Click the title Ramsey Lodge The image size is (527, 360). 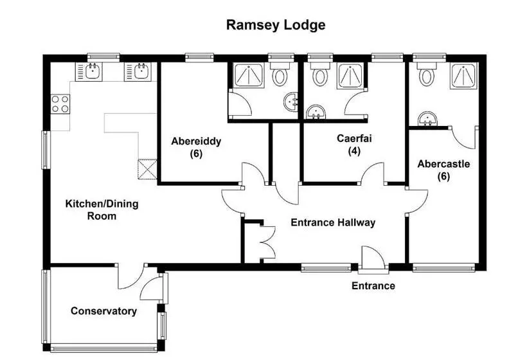276,26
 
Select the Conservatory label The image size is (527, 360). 103,311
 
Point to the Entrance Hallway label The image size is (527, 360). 333,223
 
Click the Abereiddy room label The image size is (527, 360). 196,148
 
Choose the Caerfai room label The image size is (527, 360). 354,145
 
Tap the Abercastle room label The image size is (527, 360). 443,170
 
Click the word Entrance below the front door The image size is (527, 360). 373,285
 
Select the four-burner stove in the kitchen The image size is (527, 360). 60,104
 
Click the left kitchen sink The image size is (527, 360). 92,71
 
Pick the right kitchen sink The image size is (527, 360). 141,71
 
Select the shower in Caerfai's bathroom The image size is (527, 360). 350,76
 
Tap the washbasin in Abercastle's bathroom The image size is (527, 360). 427,119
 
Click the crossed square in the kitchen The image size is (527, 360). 147,168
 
